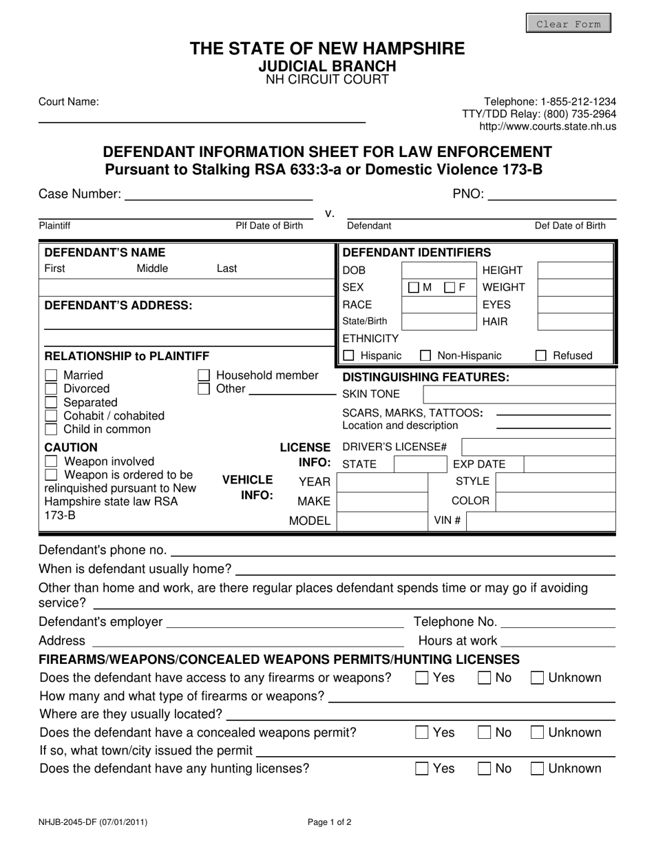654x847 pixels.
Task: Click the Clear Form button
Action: pyautogui.click(x=568, y=23)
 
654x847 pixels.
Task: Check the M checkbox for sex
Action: pyautogui.click(x=413, y=287)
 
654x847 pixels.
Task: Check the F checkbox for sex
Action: pyautogui.click(x=450, y=287)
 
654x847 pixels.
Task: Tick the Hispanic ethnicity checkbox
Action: pyautogui.click(x=348, y=355)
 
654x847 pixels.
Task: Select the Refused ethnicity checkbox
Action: pyautogui.click(x=541, y=355)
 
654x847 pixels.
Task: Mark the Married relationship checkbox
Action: pyautogui.click(x=51, y=375)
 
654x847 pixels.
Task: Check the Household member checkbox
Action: pyautogui.click(x=204, y=375)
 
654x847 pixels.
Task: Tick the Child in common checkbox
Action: pyautogui.click(x=51, y=429)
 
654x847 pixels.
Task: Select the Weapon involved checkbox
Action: pyautogui.click(x=51, y=461)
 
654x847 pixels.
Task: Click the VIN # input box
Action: pyautogui.click(x=539, y=520)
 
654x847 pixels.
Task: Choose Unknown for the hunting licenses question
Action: pyautogui.click(x=538, y=768)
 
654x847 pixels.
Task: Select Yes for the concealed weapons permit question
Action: pyautogui.click(x=422, y=733)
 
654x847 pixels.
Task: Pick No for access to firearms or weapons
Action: pyautogui.click(x=485, y=678)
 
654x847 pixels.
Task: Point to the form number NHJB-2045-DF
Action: pyautogui.click(x=93, y=822)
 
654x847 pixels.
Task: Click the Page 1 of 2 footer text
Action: pyautogui.click(x=329, y=822)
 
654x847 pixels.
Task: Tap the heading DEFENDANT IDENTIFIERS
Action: pyautogui.click(x=416, y=252)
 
